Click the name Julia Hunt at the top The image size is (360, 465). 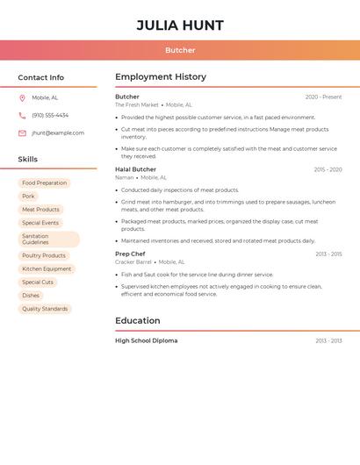click(x=180, y=25)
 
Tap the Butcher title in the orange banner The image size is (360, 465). click(x=180, y=50)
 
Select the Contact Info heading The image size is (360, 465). click(x=40, y=77)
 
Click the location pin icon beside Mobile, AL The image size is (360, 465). click(x=22, y=98)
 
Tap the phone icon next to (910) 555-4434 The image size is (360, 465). click(x=22, y=116)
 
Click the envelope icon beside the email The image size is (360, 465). click(x=22, y=133)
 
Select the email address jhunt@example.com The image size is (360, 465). click(x=58, y=133)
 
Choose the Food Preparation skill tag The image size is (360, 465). click(x=44, y=183)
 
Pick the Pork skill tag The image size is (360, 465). click(x=28, y=197)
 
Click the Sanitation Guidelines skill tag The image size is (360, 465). click(x=48, y=239)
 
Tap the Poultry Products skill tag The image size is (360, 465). click(x=44, y=255)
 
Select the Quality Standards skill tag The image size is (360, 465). click(x=45, y=309)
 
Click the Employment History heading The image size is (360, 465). click(x=161, y=77)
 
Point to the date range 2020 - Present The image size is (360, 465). click(x=323, y=97)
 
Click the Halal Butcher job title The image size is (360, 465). click(x=135, y=169)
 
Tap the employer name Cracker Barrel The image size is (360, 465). click(x=133, y=262)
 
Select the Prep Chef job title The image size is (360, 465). click(x=130, y=254)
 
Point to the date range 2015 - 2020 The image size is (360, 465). click(x=328, y=170)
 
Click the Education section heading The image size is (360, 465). click(x=138, y=321)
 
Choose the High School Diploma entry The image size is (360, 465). click(x=146, y=340)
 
